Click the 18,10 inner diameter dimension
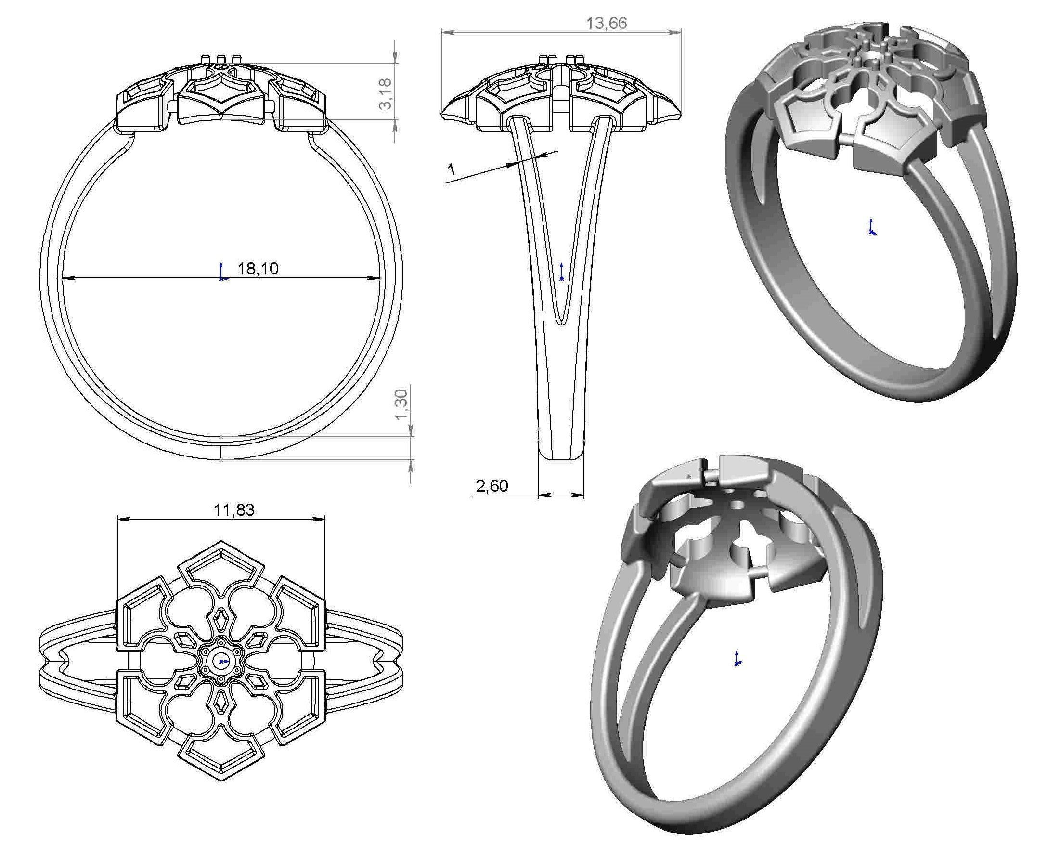coord(258,269)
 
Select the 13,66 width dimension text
coord(607,23)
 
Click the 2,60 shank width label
coord(492,486)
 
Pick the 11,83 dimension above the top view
coord(234,510)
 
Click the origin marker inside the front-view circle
coord(222,274)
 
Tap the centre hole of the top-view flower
coord(221,661)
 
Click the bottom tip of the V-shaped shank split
coord(562,322)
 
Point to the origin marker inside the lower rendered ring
coord(737,659)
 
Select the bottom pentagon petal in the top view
coord(221,758)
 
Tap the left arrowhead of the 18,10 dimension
coord(67,278)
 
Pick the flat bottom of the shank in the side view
coord(561,458)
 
